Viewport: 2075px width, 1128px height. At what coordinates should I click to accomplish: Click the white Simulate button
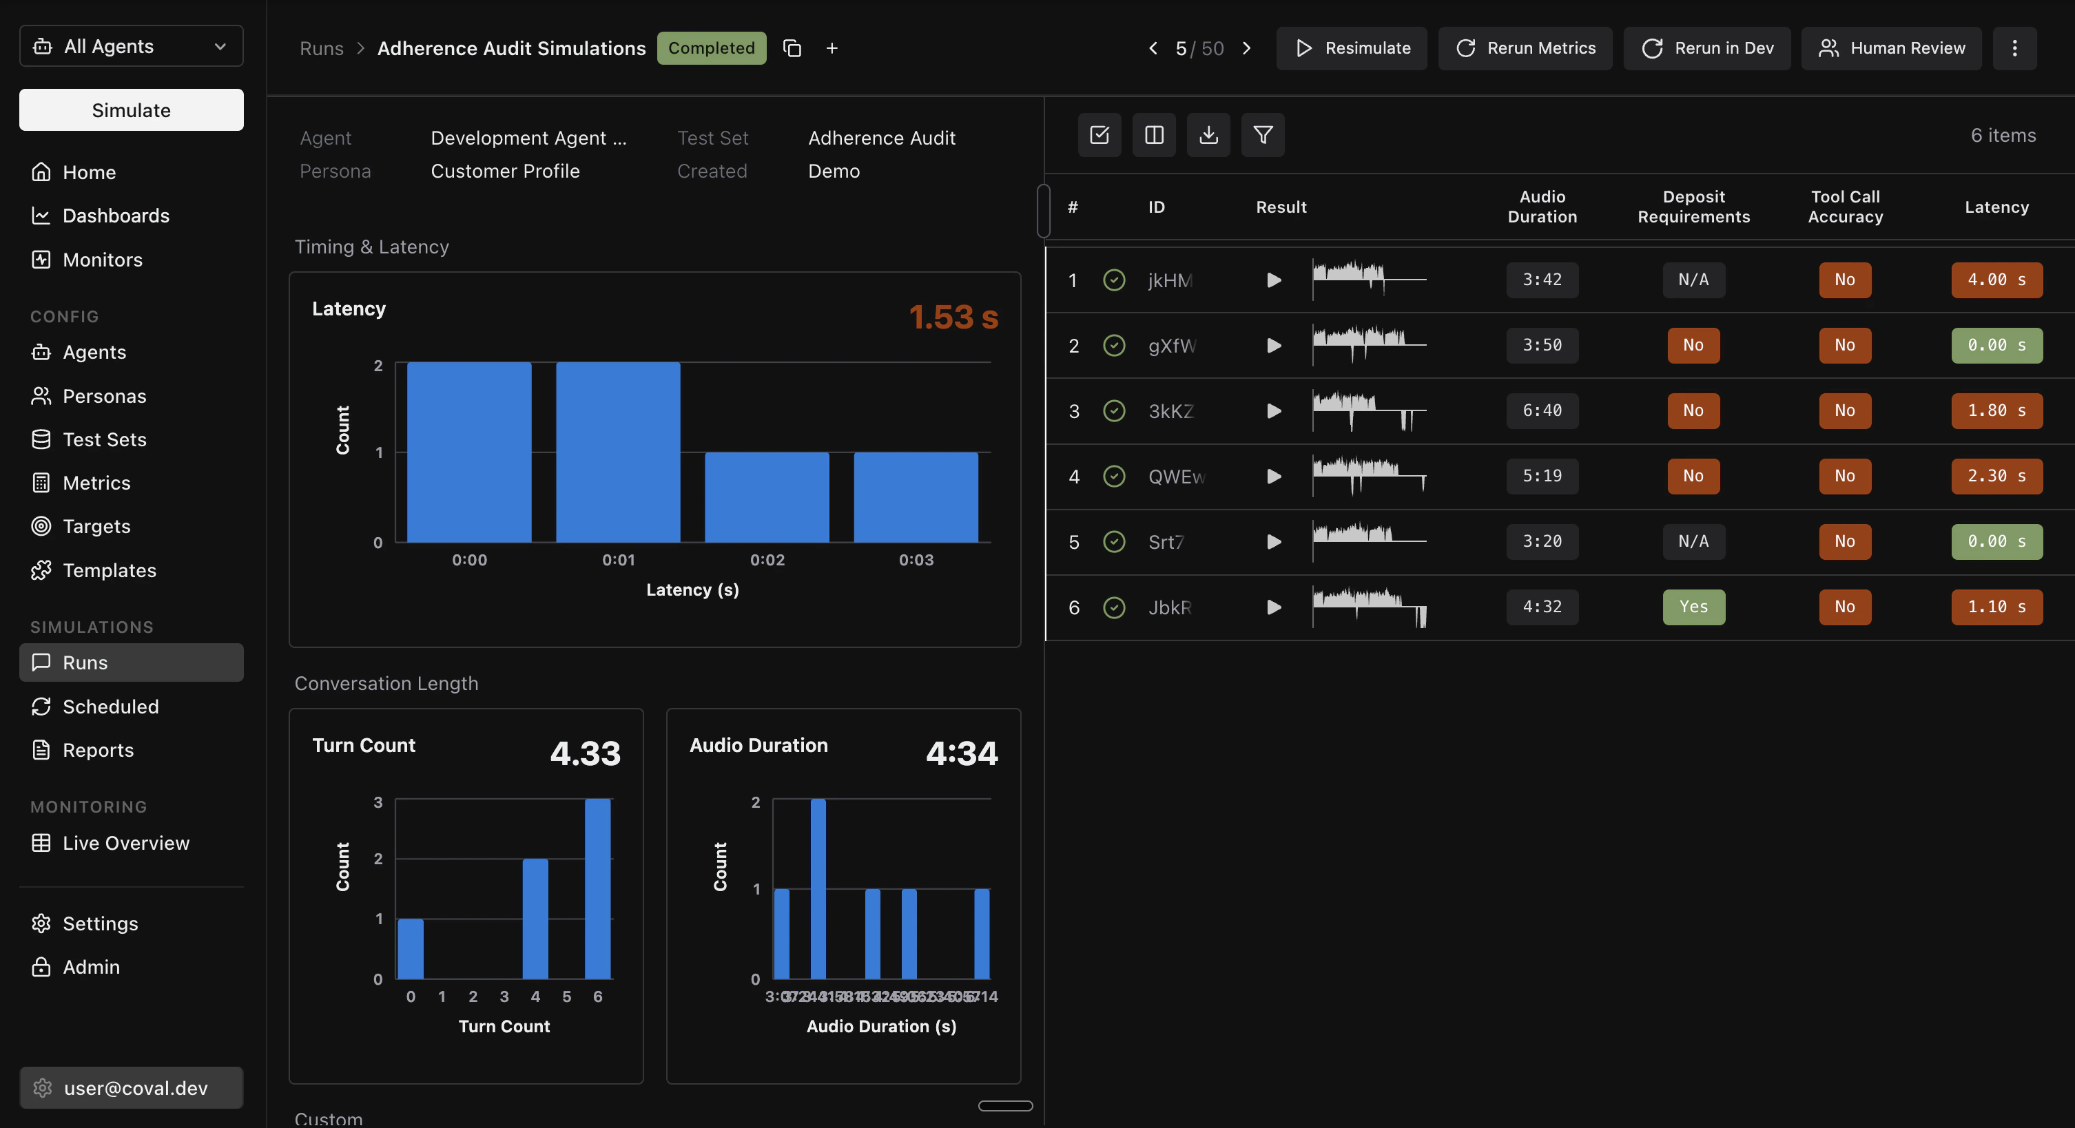point(132,110)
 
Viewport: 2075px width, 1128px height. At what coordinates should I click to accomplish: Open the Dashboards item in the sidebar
point(115,216)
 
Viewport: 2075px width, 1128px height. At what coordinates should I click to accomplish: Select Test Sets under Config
point(104,439)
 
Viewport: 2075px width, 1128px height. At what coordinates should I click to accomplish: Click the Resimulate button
point(1352,48)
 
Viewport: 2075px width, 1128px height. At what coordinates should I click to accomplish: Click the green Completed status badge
point(710,48)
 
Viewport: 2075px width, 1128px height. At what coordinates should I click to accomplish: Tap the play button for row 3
point(1274,411)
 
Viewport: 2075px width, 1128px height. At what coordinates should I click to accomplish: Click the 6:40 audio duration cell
point(1542,410)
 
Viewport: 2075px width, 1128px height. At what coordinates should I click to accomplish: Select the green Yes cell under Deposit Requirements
point(1693,607)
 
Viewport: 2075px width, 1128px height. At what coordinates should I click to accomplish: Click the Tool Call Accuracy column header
point(1845,207)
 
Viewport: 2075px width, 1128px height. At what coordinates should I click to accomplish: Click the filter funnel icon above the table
point(1262,135)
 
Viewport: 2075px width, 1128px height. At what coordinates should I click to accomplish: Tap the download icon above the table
point(1208,135)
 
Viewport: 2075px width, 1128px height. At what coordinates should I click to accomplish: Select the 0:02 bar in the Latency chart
point(766,498)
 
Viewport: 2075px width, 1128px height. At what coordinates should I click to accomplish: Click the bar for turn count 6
point(598,889)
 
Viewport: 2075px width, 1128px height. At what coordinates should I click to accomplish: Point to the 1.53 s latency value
point(953,317)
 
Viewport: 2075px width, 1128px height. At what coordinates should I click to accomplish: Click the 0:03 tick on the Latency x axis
point(916,560)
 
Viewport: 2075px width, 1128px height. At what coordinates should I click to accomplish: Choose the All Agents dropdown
point(132,46)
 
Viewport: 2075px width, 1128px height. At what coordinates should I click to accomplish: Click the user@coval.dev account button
point(132,1088)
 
